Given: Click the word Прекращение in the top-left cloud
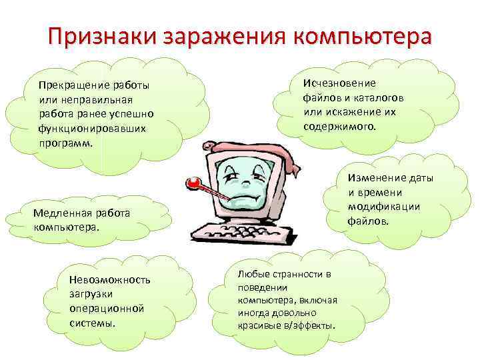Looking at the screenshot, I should tap(73, 86).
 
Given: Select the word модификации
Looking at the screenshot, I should tap(383, 206).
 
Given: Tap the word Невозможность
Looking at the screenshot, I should tap(109, 279).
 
